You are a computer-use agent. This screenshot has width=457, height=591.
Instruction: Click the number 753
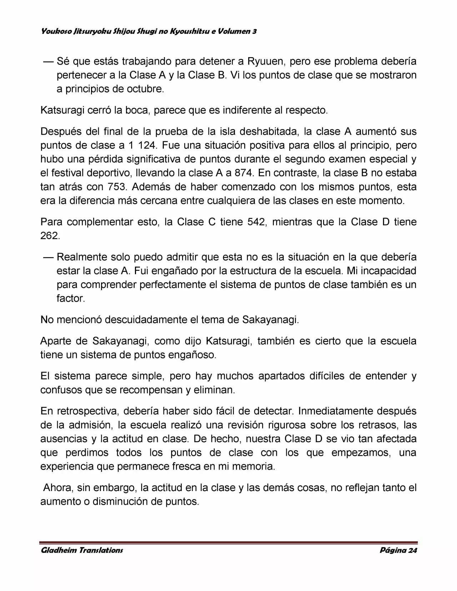tap(116, 187)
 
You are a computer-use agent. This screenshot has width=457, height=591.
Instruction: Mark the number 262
tap(49, 236)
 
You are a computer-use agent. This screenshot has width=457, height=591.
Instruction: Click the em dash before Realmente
tap(48, 257)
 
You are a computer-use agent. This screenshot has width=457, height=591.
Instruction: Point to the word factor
tap(71, 298)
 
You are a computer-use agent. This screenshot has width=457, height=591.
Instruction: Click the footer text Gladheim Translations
tap(82, 550)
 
